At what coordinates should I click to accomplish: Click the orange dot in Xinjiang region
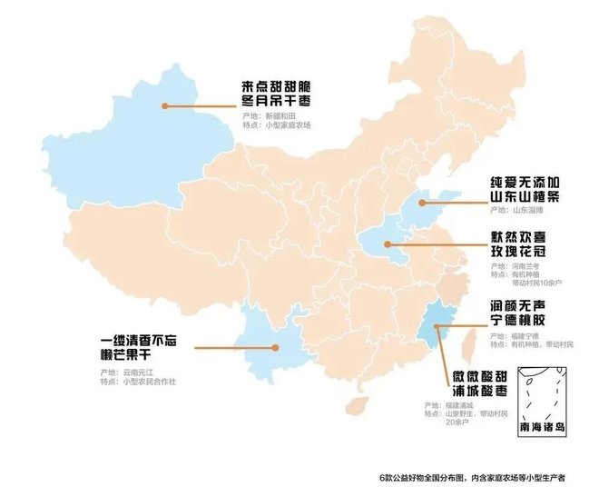[165, 105]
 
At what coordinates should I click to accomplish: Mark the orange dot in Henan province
[388, 244]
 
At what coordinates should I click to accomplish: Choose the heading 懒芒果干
[137, 358]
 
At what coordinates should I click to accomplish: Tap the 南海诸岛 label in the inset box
[543, 426]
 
